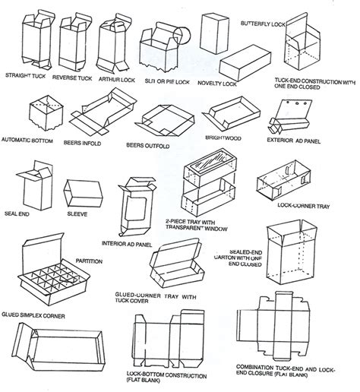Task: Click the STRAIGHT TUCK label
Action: pyautogui.click(x=27, y=76)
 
